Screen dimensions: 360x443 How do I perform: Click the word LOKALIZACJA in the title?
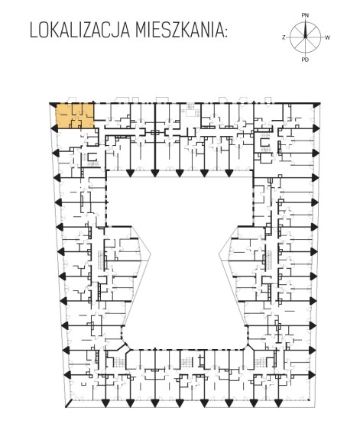point(79,31)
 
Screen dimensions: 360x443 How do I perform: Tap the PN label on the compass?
point(305,15)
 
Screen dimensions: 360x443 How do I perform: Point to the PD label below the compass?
point(305,60)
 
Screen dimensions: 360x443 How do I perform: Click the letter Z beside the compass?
point(284,37)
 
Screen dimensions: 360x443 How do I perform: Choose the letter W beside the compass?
point(327,37)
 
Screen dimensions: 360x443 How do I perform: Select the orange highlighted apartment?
point(75,116)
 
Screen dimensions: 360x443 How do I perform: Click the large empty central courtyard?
point(183,254)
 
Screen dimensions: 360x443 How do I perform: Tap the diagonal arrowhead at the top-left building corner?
point(53,105)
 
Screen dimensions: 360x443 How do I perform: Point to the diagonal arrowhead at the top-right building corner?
point(316,105)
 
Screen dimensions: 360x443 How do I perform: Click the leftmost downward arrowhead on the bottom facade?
point(105,403)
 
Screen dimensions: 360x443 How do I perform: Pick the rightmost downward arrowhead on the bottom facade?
point(277,403)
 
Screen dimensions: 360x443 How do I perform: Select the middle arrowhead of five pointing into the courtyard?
point(180,173)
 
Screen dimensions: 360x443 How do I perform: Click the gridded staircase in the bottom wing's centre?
point(186,361)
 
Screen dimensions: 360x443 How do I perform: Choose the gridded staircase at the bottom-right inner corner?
point(259,361)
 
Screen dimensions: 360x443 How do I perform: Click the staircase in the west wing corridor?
point(101,260)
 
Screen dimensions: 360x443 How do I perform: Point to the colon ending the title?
point(225,32)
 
